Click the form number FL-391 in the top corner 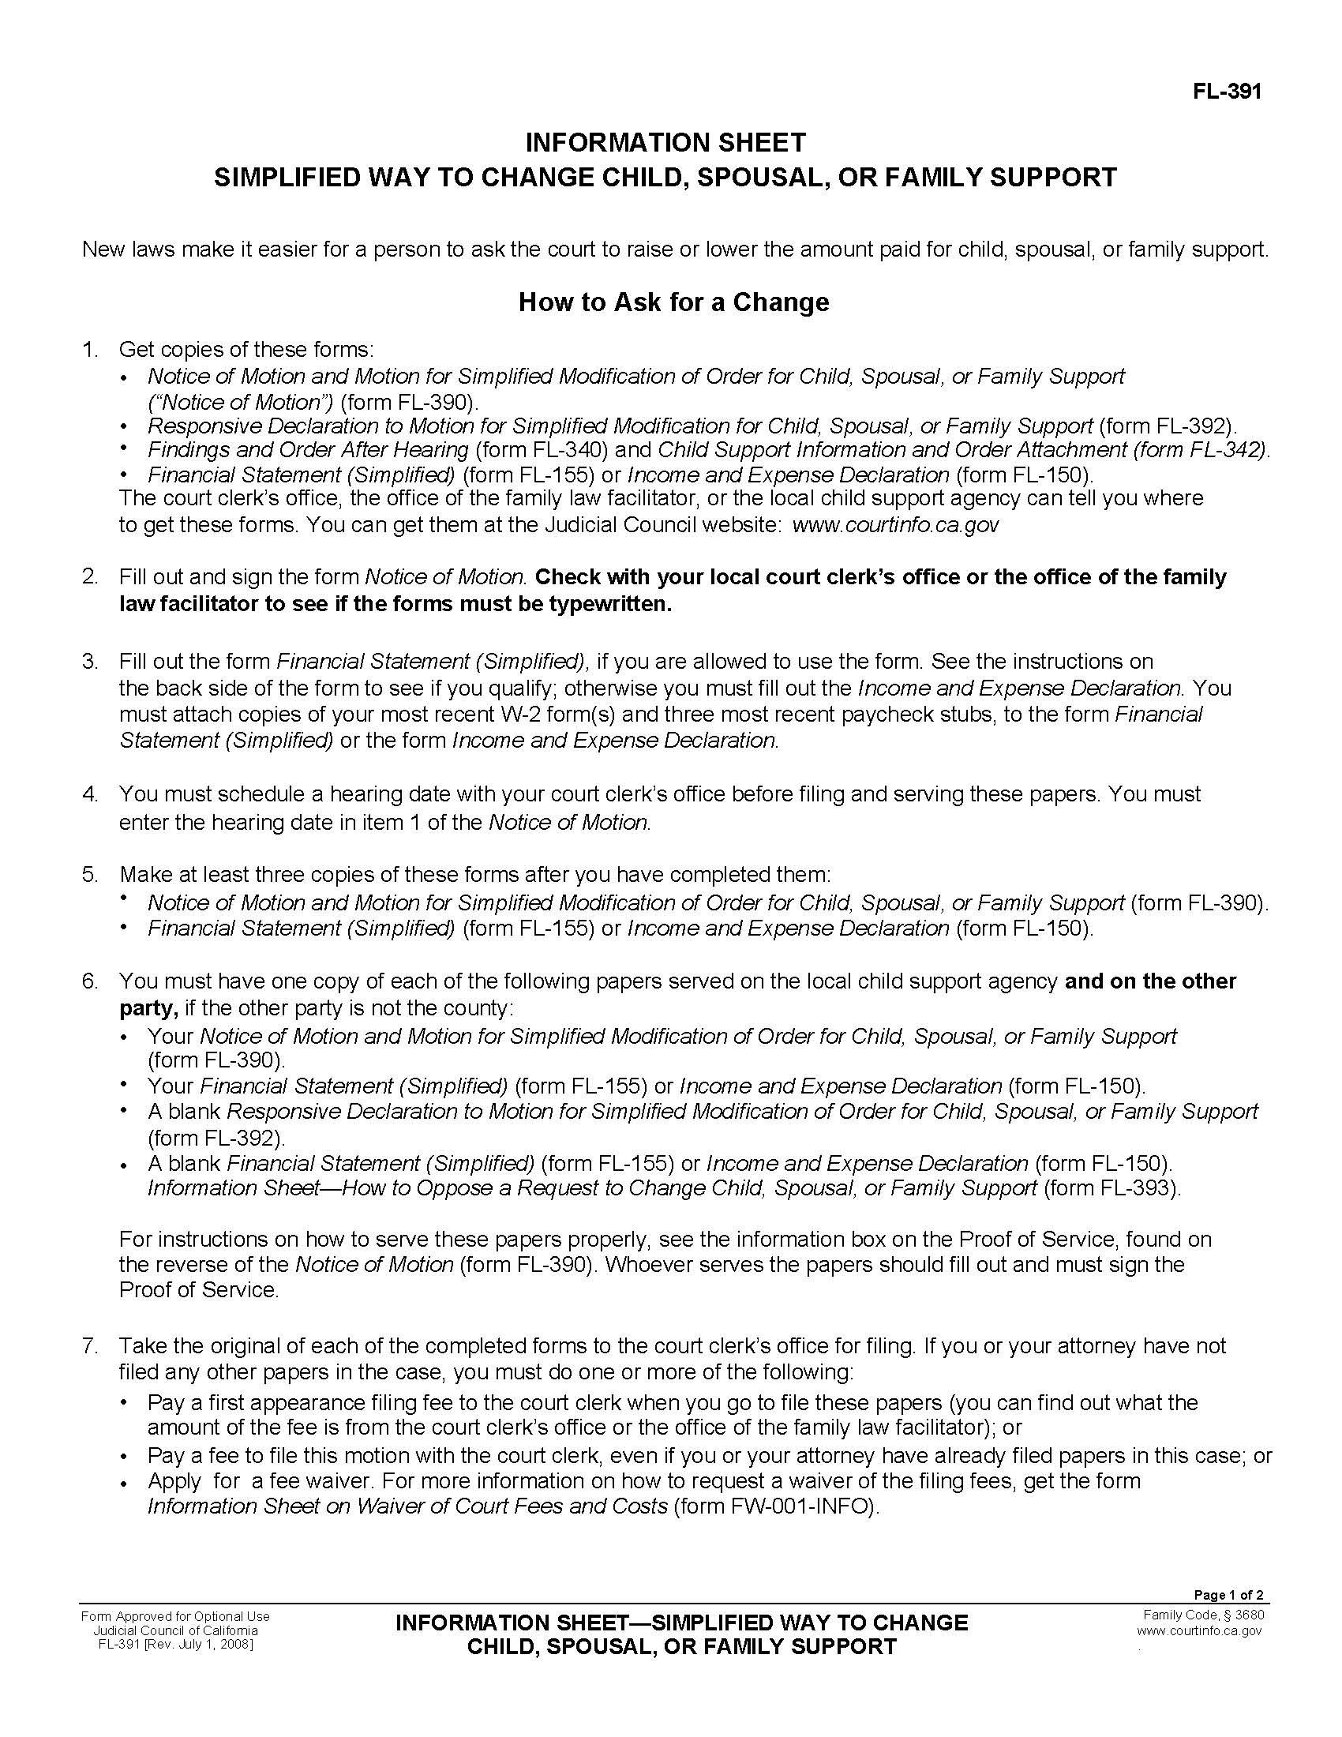click(1227, 92)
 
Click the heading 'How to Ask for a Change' click(673, 302)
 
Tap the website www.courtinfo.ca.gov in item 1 click(895, 525)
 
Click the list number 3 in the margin click(89, 662)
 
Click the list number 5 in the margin click(89, 875)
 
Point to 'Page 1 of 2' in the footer click(1228, 1595)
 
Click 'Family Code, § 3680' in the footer click(1203, 1615)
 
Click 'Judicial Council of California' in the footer click(176, 1630)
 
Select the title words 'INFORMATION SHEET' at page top click(665, 143)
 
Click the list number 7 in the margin click(89, 1346)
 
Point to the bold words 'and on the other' click(1149, 981)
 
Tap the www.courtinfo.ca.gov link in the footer click(1199, 1630)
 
